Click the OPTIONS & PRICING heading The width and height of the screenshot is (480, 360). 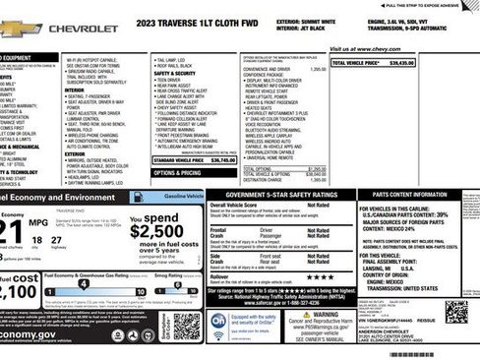tap(178, 173)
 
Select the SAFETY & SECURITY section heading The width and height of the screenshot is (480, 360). tap(174, 74)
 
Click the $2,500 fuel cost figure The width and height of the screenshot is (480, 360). tap(155, 231)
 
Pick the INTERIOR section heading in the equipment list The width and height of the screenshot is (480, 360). tap(75, 90)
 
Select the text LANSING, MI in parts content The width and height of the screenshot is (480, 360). tap(378, 268)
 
